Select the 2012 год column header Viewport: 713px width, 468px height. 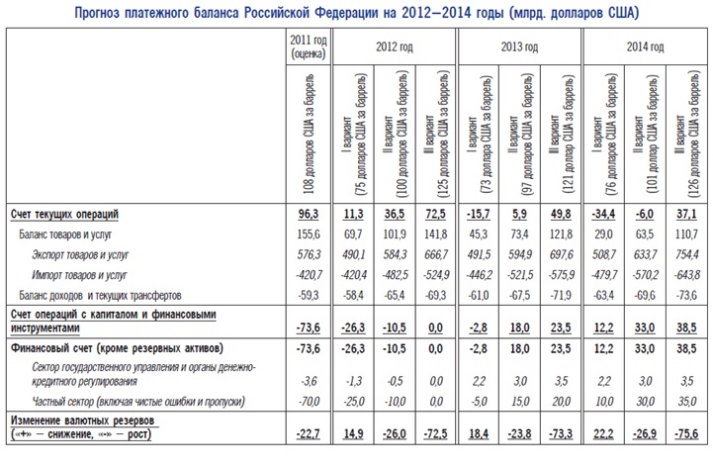click(x=395, y=47)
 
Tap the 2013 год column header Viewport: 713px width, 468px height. click(x=519, y=47)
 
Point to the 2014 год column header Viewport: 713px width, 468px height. click(x=645, y=47)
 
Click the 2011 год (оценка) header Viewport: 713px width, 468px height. click(x=309, y=47)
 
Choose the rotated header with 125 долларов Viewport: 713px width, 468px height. click(x=436, y=135)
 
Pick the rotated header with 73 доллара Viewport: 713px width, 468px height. click(x=479, y=136)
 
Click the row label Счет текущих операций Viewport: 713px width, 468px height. click(x=64, y=215)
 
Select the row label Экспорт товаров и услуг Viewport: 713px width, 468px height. click(x=80, y=254)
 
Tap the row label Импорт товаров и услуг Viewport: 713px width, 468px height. click(x=79, y=275)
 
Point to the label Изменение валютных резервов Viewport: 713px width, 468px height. click(x=82, y=421)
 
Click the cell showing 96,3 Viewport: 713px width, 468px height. click(x=309, y=215)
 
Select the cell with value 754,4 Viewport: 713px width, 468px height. click(x=686, y=254)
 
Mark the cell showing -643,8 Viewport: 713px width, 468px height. click(x=686, y=275)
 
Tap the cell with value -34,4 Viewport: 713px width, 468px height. click(x=603, y=215)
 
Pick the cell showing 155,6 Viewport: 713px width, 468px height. click(x=309, y=234)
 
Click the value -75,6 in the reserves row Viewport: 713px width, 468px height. click(x=686, y=434)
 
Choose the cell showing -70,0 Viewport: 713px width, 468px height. click(x=309, y=402)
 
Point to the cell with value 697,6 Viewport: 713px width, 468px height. click(x=561, y=254)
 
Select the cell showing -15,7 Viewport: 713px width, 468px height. click(x=479, y=215)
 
